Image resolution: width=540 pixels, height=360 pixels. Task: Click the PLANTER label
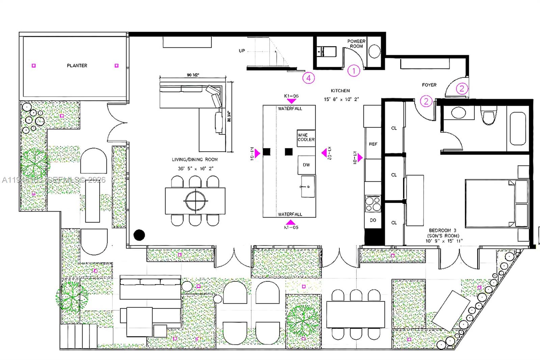click(77, 66)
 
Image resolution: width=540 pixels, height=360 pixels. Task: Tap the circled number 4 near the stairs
click(308, 78)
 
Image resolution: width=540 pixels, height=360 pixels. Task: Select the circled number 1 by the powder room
click(354, 71)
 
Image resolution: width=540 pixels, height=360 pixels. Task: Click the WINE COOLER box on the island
click(306, 137)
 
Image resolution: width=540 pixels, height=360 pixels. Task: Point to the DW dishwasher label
click(306, 165)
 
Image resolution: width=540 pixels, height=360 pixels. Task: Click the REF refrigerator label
click(373, 144)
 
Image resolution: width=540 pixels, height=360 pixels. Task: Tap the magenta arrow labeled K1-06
click(291, 101)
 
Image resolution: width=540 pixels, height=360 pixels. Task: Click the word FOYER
click(429, 85)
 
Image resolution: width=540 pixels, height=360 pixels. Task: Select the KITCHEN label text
click(340, 91)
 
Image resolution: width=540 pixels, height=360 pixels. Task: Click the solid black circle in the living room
click(139, 235)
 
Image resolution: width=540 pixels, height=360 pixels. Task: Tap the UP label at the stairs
click(242, 51)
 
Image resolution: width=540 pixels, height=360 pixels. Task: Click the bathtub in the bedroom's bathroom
click(518, 129)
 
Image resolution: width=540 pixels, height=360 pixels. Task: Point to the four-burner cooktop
click(373, 204)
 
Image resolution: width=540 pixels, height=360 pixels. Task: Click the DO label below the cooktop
click(373, 220)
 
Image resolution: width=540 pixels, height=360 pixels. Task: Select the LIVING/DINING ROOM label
click(195, 160)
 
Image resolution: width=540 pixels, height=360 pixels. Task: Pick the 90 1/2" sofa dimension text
click(193, 75)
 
